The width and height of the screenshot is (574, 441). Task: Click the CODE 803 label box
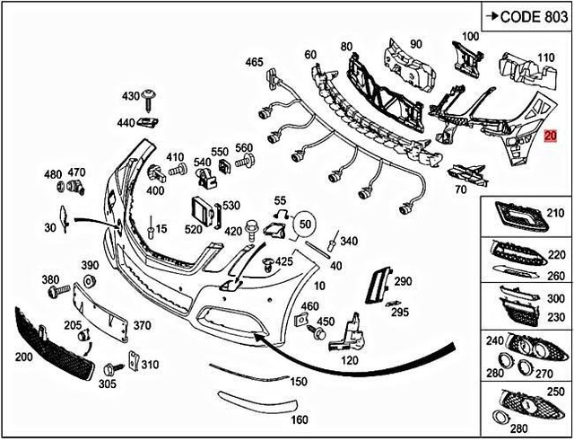525,15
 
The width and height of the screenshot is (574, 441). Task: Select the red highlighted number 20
551,137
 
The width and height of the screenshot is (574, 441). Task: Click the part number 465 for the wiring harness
254,62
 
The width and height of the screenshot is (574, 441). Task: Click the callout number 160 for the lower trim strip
300,419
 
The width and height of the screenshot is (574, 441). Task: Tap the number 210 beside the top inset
556,214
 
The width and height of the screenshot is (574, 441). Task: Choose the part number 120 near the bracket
350,360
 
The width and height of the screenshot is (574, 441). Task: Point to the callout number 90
415,43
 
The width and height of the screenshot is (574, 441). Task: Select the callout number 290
402,281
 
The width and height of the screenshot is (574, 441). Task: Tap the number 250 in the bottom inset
556,391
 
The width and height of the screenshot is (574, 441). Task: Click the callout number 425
283,261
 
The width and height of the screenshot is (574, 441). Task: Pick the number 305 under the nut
108,384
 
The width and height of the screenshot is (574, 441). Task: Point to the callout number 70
460,190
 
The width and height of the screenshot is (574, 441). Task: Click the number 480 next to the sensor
53,173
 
